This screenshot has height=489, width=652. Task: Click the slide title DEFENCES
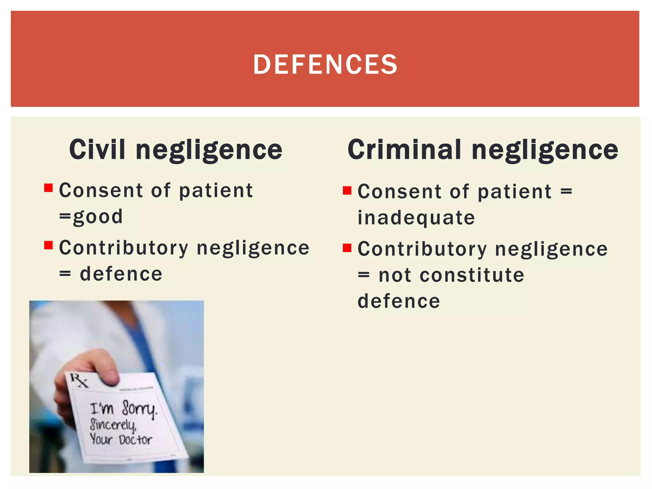325,64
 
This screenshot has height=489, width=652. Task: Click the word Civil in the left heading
97,149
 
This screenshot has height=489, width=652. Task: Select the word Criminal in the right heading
404,149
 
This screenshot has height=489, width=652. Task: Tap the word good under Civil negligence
98,217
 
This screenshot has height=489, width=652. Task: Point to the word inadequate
416,218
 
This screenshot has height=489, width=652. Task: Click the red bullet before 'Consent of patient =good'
48,188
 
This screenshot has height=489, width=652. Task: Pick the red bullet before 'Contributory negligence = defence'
48,245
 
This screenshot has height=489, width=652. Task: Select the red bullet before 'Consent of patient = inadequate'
347,190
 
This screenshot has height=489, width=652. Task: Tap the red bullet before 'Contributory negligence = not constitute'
347,248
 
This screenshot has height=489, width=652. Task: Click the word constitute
472,275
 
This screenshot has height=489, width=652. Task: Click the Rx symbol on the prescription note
79,380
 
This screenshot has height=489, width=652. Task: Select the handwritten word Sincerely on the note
113,424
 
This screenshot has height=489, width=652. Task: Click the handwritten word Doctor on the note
135,440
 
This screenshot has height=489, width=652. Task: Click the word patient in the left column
216,191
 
